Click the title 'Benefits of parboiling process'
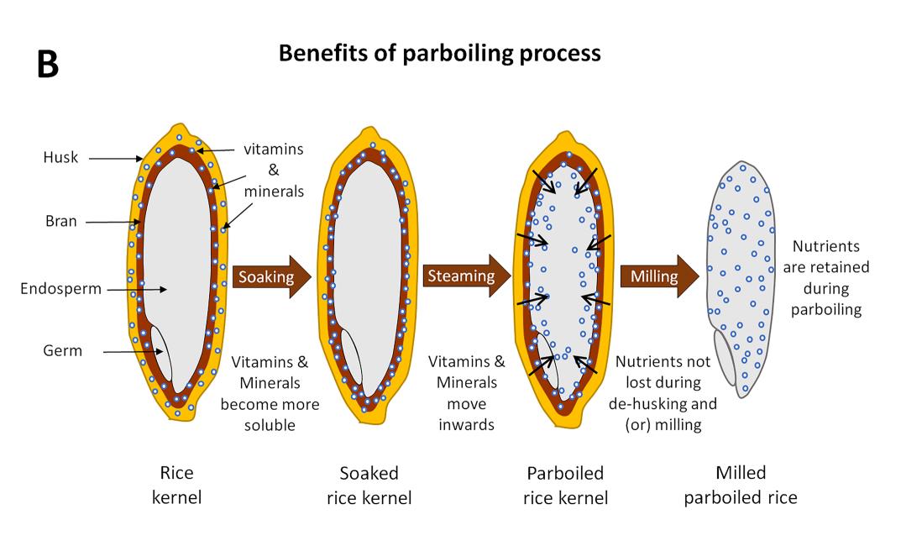click(439, 53)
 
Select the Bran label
click(61, 222)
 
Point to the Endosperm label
click(61, 289)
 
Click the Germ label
click(63, 350)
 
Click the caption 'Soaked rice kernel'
click(369, 485)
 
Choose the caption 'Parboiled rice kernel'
click(565, 485)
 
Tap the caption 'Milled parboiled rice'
click(740, 485)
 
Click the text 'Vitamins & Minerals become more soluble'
click(270, 393)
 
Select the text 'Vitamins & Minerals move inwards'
click(467, 393)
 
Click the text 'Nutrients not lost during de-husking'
click(666, 393)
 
